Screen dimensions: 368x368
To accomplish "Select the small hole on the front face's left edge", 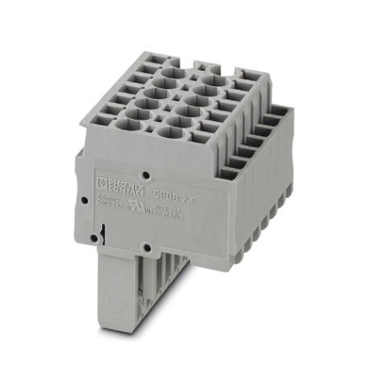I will pos(84,195).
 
